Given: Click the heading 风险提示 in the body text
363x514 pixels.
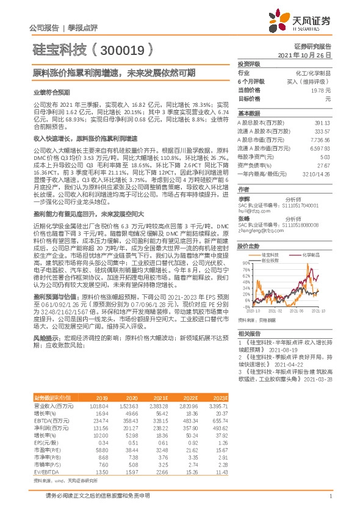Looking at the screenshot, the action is (45, 337).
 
